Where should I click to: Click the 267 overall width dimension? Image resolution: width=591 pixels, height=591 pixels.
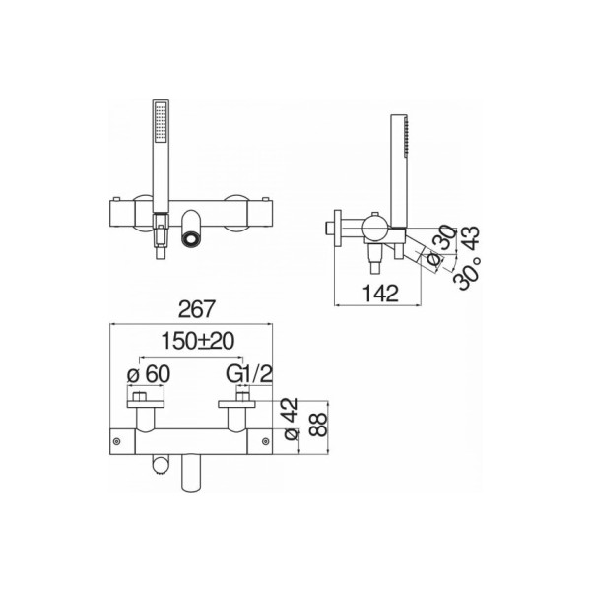click(x=197, y=309)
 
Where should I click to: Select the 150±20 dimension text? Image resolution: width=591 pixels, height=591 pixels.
click(x=198, y=341)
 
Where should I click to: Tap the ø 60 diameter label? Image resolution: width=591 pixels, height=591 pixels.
click(x=149, y=374)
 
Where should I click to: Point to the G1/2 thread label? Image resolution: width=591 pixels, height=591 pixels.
click(x=249, y=374)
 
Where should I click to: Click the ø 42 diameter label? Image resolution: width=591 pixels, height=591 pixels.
click(x=292, y=419)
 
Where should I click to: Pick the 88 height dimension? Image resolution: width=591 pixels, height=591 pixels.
click(x=319, y=426)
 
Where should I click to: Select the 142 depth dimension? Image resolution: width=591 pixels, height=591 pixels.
click(x=380, y=294)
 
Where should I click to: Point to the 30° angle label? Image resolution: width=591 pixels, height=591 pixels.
click(x=467, y=273)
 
